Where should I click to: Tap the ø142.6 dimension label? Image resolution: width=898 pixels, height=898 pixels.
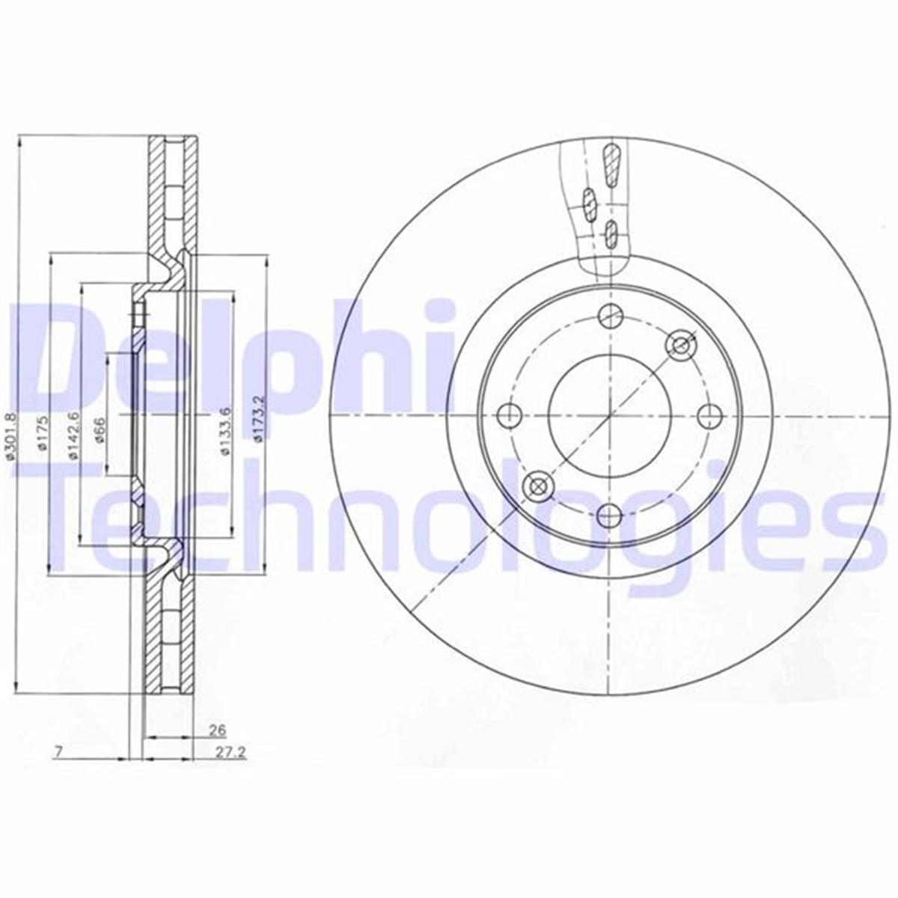(x=73, y=435)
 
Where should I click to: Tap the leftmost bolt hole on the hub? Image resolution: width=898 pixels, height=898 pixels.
(x=510, y=413)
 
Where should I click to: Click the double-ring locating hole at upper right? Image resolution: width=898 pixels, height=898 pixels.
(x=681, y=344)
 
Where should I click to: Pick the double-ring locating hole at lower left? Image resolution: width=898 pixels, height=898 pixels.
(x=538, y=486)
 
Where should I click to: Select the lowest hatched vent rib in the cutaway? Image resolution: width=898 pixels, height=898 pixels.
(x=611, y=233)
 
